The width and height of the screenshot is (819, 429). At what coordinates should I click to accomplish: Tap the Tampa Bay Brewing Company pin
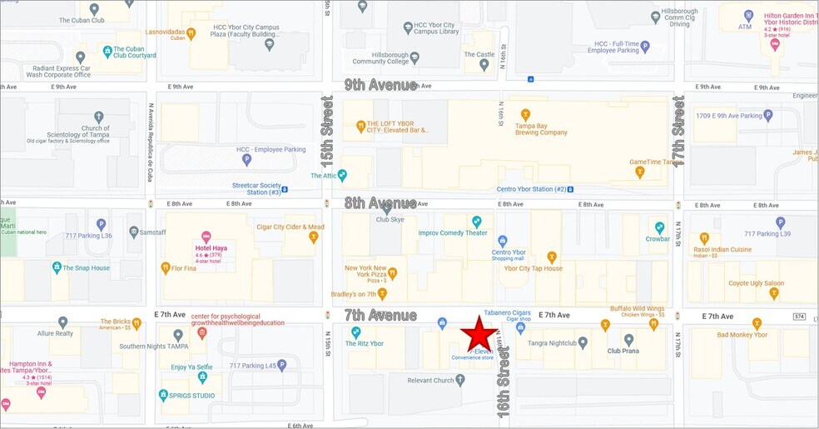coord(525,114)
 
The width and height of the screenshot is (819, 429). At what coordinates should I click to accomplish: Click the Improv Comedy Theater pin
coord(477,222)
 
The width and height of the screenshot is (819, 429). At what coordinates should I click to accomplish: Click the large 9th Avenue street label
coord(380,85)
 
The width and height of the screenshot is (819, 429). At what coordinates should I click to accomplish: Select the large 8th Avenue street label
coord(380,202)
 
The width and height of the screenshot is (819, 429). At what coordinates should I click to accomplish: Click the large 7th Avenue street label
coord(380,315)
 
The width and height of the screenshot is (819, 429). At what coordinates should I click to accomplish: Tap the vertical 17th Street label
coord(679,131)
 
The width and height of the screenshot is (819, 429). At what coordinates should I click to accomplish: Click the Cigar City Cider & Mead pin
coord(314,237)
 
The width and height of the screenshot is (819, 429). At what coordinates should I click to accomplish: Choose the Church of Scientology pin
coord(99,117)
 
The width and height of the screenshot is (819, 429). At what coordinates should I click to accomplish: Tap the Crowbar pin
coord(659,227)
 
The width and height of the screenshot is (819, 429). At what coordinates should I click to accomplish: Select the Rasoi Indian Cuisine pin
coord(704,238)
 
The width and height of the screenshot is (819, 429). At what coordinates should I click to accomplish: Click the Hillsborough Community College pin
coord(414,57)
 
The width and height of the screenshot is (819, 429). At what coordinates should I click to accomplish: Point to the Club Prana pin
coord(629,340)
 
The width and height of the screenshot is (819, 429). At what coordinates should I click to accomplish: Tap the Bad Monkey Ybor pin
coord(757,323)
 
